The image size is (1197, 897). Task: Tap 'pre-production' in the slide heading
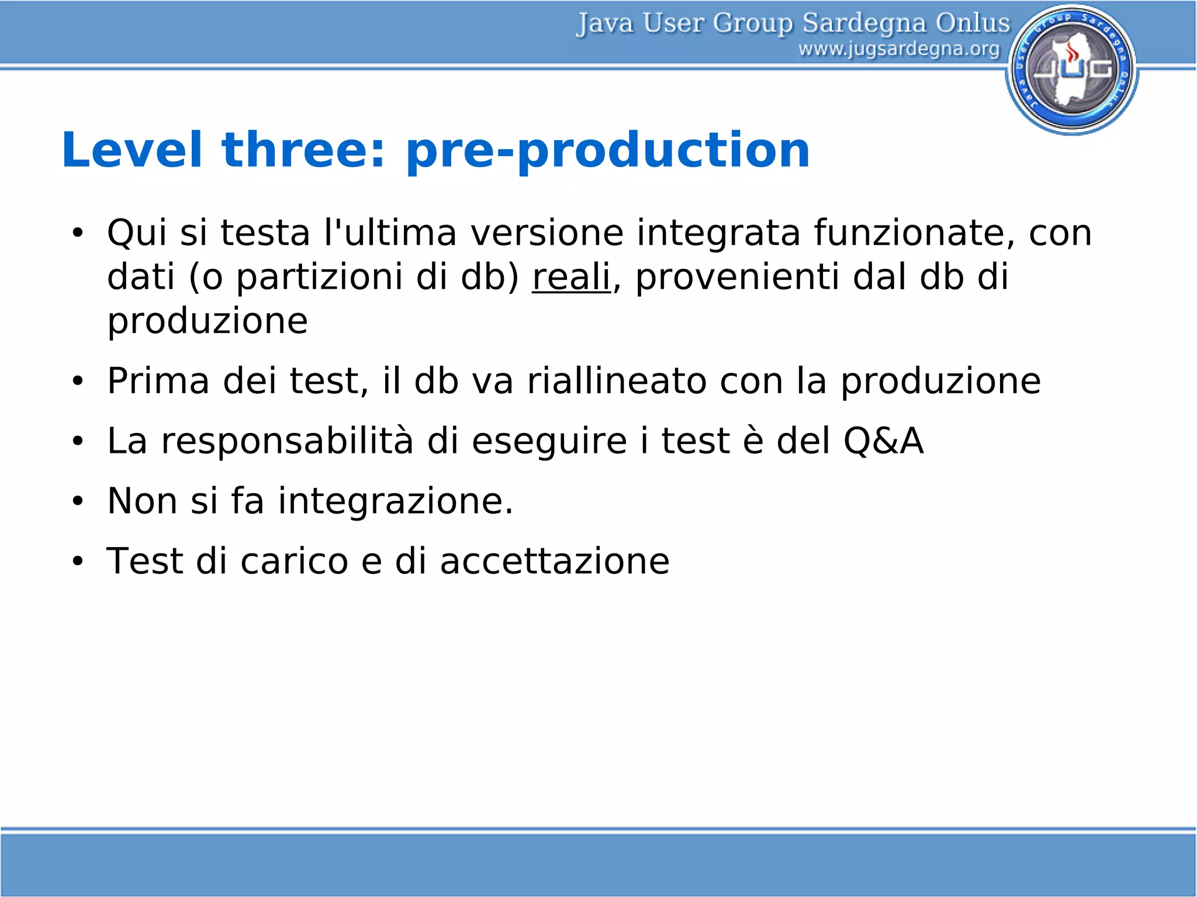[607, 151]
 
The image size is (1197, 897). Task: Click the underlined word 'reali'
[571, 276]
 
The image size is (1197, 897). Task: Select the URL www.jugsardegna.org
[898, 49]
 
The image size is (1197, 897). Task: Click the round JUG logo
[1072, 69]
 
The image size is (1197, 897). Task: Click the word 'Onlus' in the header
[973, 23]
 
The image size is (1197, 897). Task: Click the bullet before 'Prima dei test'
[78, 382]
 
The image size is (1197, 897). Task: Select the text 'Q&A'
[883, 441]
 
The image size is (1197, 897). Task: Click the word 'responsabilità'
[287, 442]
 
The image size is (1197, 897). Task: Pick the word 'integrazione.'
[395, 501]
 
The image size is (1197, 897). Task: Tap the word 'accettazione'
[554, 561]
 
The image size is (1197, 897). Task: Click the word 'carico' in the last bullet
[294, 561]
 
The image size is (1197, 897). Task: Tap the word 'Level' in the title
[132, 150]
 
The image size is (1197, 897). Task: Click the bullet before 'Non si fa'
[78, 501]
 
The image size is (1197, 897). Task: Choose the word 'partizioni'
[319, 278]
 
